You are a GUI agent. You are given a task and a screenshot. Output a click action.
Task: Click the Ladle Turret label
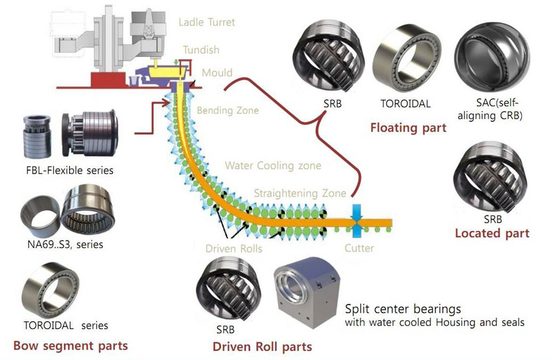tap(206, 22)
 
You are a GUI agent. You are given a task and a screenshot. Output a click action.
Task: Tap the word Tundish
tap(201, 50)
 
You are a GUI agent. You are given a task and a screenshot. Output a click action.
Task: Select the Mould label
tap(217, 72)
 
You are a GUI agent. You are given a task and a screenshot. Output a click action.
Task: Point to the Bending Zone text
tap(228, 110)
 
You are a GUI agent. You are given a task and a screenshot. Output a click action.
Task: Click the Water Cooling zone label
tap(273, 166)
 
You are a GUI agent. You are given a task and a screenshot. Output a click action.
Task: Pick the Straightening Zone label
tap(300, 193)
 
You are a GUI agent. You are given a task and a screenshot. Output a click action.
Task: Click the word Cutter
tap(359, 248)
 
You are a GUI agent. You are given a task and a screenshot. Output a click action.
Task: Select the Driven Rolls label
tap(234, 248)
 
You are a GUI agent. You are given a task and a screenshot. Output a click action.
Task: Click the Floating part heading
tap(408, 128)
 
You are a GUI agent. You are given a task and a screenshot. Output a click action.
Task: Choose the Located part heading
tap(492, 233)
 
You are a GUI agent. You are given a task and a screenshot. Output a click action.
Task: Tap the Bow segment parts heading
tap(71, 346)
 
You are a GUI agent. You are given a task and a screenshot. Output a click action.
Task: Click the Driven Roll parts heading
tap(262, 347)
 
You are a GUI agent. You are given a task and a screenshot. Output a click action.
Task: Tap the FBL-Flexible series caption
tap(70, 171)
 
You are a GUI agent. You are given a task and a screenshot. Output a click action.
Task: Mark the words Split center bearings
tap(403, 309)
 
